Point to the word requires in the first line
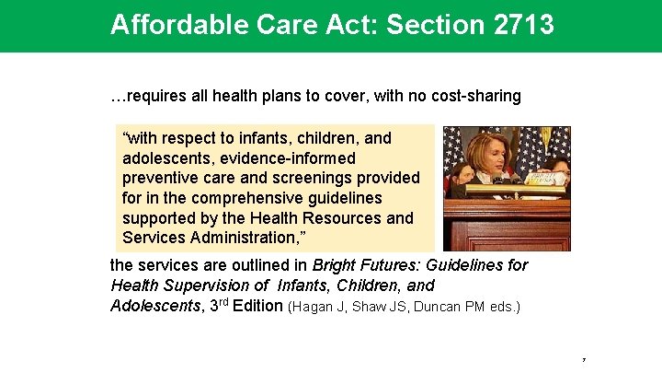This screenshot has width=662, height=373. click(x=154, y=96)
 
